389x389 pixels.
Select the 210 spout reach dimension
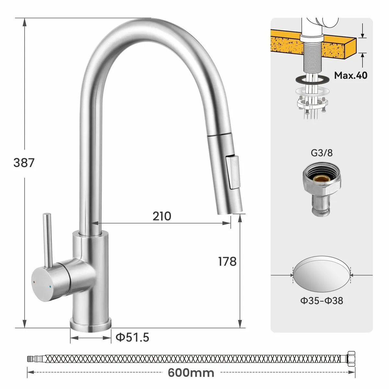[x=162, y=216]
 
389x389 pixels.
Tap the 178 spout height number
[x=227, y=261]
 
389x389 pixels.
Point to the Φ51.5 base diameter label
[x=132, y=337]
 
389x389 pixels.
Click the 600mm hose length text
[x=191, y=372]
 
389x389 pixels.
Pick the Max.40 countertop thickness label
[x=351, y=75]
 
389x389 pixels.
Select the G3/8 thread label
[x=322, y=153]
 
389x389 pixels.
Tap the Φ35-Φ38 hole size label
[x=322, y=301]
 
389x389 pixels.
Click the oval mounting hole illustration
[x=322, y=275]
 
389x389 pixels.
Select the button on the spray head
[x=232, y=172]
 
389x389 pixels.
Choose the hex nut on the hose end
[x=350, y=359]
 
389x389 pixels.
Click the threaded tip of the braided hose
[x=31, y=359]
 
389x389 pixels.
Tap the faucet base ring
[x=90, y=325]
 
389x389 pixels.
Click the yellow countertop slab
[x=337, y=45]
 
